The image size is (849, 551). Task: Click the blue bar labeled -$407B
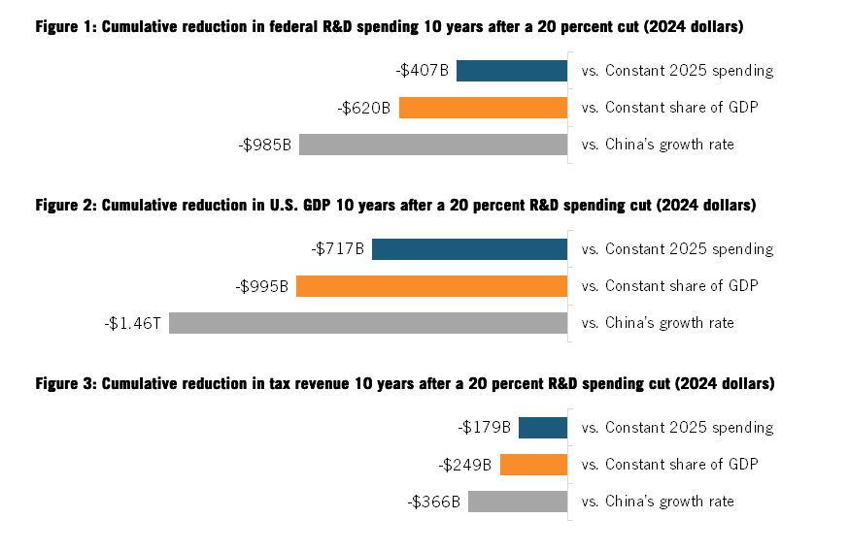click(x=511, y=71)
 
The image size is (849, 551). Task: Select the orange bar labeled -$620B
click(x=483, y=108)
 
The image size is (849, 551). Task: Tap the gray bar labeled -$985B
click(x=432, y=145)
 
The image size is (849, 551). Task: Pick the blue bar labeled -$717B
click(x=469, y=249)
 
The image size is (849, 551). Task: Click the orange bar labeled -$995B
click(x=431, y=286)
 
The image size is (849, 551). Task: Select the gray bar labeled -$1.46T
click(x=367, y=323)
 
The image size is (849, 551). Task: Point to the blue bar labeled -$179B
click(x=542, y=428)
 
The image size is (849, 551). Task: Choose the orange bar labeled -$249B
click(x=533, y=465)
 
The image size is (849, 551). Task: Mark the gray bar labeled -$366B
click(x=517, y=502)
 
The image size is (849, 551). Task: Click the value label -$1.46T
click(x=133, y=323)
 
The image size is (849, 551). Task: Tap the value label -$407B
click(x=422, y=71)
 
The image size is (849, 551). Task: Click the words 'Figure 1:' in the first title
click(x=65, y=27)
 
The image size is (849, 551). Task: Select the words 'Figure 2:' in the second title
click(x=65, y=206)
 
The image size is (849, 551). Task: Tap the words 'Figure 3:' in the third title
click(x=65, y=384)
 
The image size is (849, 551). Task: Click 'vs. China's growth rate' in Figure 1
click(x=658, y=145)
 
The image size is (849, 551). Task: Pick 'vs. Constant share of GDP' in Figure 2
click(x=669, y=286)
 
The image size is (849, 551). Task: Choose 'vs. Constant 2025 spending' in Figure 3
click(x=677, y=428)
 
